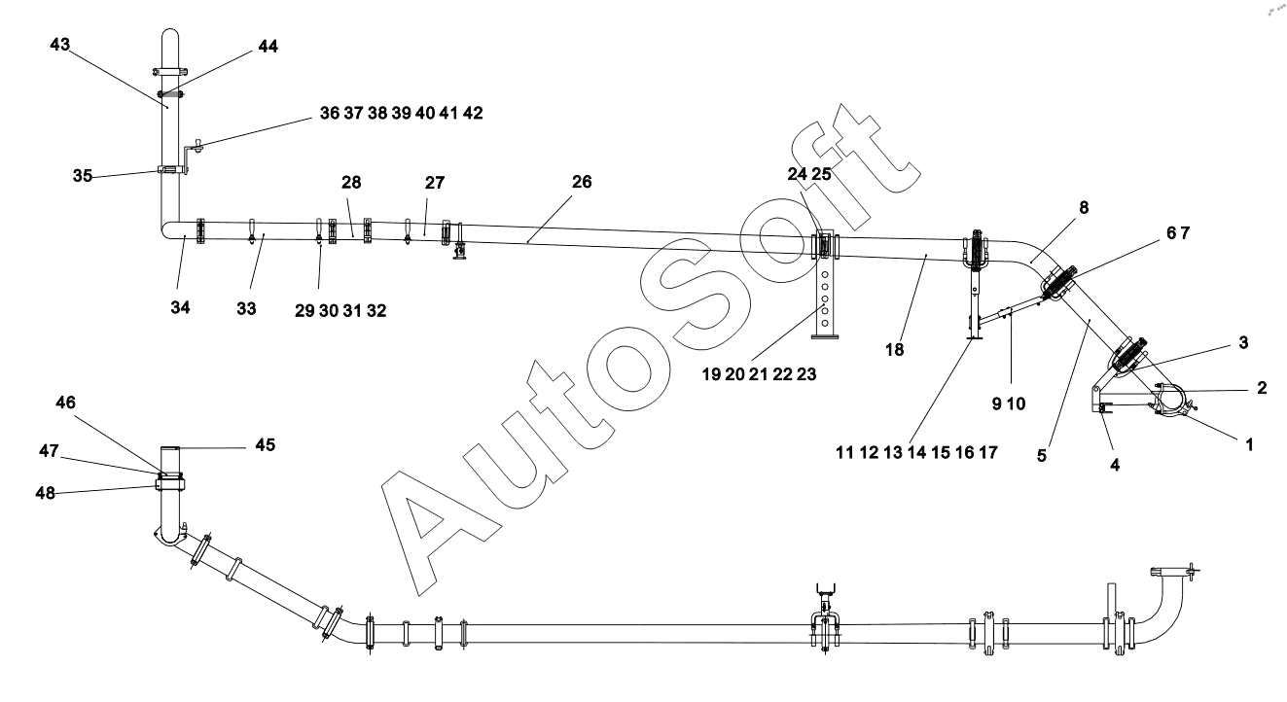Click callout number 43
tap(61, 46)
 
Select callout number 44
tap(267, 47)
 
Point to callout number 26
tap(581, 182)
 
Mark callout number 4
tap(1115, 466)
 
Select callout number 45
tap(265, 445)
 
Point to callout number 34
tap(180, 308)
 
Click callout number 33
tap(245, 308)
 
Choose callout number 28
tap(350, 182)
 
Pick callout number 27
tap(434, 182)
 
